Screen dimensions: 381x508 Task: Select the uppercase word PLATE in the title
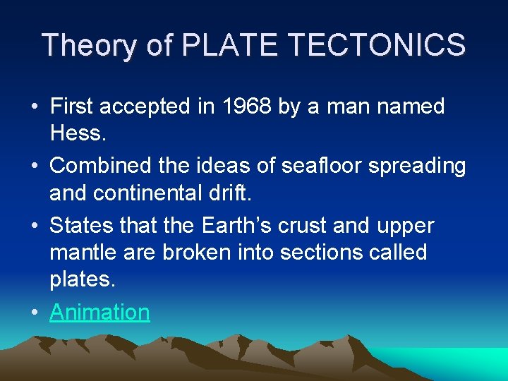click(x=231, y=45)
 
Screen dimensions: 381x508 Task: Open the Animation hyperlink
click(x=99, y=312)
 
